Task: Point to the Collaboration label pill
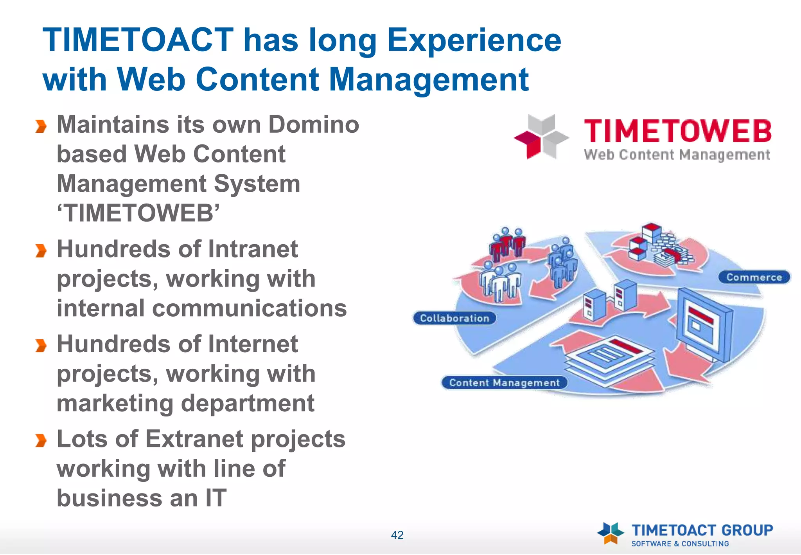point(454,318)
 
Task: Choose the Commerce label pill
point(754,277)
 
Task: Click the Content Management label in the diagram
point(504,382)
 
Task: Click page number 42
point(397,535)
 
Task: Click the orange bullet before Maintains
point(41,126)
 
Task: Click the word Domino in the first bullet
point(313,124)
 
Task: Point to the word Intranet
point(253,249)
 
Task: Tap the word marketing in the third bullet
point(115,404)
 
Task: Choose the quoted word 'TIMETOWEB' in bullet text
point(138,213)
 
